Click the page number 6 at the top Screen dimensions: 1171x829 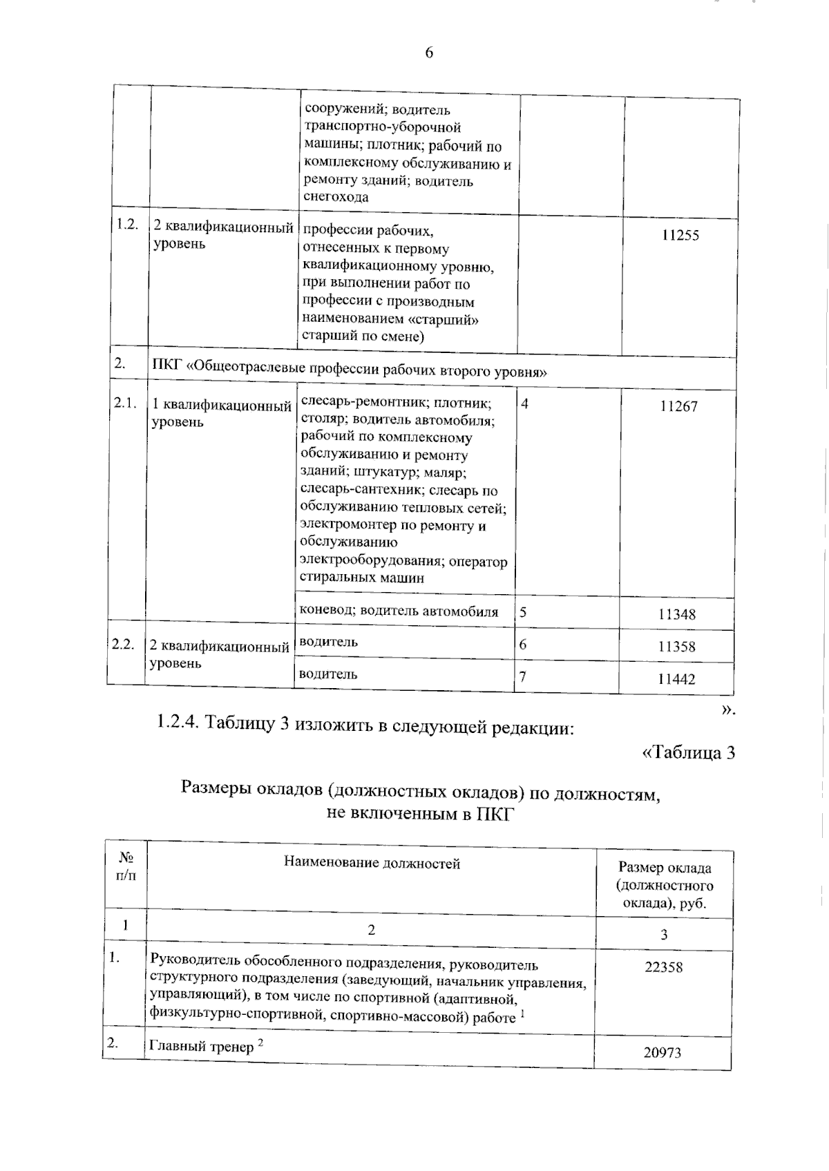click(x=428, y=53)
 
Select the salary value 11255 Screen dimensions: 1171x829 click(x=680, y=236)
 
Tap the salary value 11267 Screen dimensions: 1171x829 click(x=678, y=406)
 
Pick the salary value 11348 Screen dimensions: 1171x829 click(x=676, y=614)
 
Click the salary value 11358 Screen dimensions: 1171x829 click(x=676, y=647)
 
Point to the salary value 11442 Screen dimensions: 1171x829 click(x=676, y=679)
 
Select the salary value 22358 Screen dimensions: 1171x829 click(x=663, y=967)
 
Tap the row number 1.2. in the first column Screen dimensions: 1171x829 click(x=127, y=225)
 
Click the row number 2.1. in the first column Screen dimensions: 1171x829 click(x=125, y=403)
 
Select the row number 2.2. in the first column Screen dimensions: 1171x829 click(x=123, y=644)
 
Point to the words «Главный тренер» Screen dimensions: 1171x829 click(x=201, y=1047)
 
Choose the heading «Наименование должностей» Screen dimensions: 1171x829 click(x=372, y=863)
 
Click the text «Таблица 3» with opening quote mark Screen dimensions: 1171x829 click(x=688, y=752)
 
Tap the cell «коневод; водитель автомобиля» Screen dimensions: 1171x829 click(x=399, y=611)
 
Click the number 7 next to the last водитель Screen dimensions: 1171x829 click(x=523, y=676)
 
